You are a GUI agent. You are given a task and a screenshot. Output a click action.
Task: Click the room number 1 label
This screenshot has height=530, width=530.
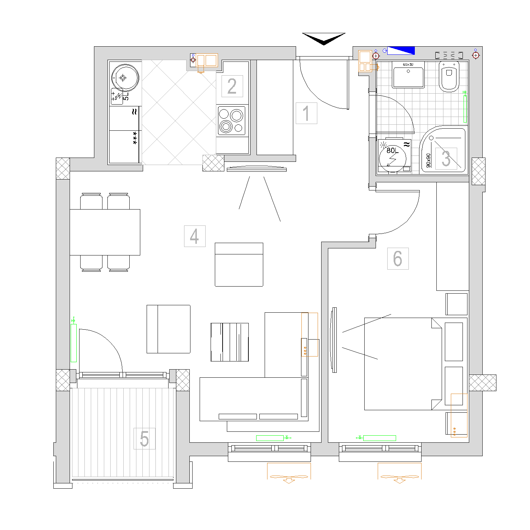306,113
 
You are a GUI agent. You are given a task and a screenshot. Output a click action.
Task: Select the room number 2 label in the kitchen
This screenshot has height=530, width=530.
232,86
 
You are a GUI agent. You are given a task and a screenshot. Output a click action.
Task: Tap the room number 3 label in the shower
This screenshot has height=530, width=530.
446,159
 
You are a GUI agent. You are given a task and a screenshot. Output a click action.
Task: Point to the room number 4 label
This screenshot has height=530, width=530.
195,236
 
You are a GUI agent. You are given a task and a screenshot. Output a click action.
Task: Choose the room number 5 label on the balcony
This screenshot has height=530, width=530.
144,439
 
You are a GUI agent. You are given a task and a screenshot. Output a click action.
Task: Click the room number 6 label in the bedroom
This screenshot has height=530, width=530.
398,259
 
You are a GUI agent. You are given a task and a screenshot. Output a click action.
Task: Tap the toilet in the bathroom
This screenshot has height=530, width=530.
449,76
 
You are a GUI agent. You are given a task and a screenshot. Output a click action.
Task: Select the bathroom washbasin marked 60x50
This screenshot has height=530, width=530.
408,75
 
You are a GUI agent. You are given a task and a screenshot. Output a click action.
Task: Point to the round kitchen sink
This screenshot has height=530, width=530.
125,78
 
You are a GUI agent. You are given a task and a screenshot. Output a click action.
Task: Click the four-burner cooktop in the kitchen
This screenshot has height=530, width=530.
231,120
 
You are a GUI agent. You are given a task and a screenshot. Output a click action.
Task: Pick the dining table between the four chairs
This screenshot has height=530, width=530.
105,232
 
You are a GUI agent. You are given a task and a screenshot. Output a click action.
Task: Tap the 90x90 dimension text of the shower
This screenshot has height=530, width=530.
429,160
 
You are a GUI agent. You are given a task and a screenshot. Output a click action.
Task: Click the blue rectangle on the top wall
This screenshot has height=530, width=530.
401,51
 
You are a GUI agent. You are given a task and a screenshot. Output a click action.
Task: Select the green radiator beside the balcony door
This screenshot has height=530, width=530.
73,343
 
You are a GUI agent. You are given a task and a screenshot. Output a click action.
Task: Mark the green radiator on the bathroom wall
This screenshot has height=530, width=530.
465,109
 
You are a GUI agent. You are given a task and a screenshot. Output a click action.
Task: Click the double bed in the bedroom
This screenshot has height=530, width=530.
403,364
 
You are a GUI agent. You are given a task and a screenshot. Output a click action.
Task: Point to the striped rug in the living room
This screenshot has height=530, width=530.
230,342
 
